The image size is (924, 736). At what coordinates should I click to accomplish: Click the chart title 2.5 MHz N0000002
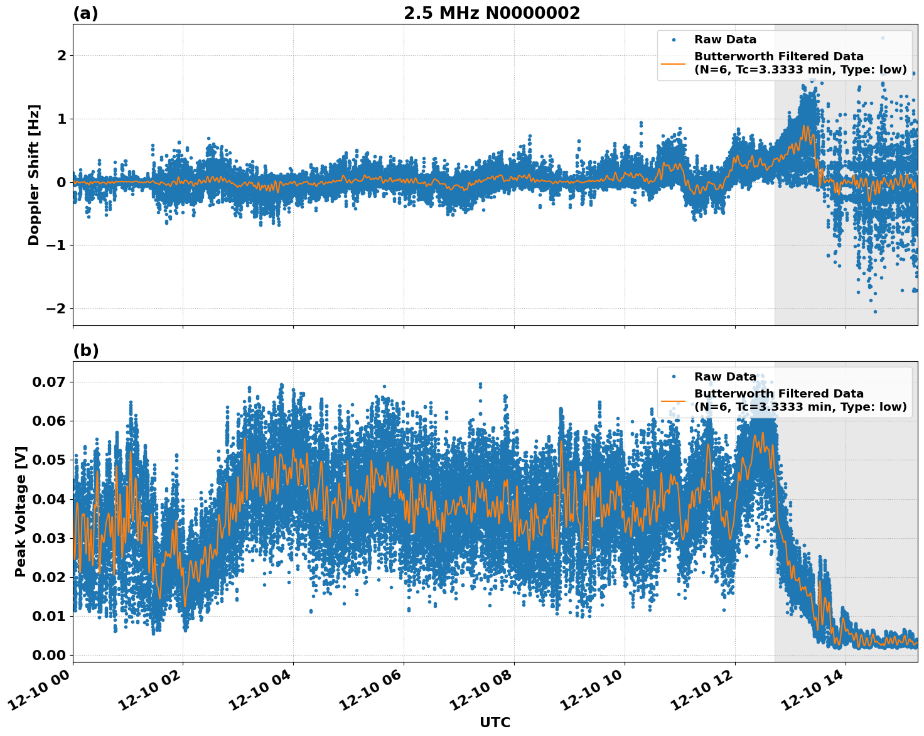coord(492,13)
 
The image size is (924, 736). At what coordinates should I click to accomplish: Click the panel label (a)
coord(85,13)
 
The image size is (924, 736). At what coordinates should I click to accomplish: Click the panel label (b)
coord(85,350)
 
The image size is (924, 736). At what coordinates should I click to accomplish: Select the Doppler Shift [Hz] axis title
coord(34,175)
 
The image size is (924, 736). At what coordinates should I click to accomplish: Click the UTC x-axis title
coord(495,722)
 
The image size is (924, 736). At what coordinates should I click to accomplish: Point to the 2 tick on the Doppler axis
coord(62,56)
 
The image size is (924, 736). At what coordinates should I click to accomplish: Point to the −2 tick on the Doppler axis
coord(56,309)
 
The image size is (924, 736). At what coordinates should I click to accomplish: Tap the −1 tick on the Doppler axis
coord(56,246)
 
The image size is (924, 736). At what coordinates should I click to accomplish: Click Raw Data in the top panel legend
coord(725,40)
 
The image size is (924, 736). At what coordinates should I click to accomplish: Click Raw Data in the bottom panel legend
coord(725,377)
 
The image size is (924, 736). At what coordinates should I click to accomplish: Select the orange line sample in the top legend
coord(674,63)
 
